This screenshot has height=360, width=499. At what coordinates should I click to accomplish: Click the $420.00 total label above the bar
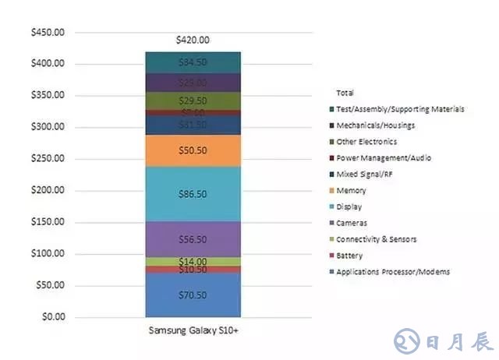click(193, 40)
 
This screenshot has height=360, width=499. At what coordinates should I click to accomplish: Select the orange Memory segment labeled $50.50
click(193, 150)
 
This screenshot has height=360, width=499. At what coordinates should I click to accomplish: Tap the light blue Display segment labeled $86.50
click(193, 194)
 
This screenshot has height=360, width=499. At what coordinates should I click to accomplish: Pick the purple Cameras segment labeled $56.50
click(193, 239)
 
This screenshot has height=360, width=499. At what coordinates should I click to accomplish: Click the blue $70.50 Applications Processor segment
click(193, 295)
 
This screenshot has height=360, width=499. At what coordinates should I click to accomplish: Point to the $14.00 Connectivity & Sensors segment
click(193, 261)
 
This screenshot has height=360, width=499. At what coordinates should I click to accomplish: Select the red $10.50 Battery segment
click(193, 270)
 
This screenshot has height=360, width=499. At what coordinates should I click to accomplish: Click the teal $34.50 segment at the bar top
click(193, 62)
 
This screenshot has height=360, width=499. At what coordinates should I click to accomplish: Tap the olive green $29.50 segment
click(193, 101)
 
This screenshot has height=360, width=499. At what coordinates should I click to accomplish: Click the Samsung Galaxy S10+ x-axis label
click(193, 330)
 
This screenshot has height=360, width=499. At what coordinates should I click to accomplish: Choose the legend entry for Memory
click(351, 190)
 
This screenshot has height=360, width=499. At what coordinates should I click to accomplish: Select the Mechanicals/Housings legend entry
click(376, 125)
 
